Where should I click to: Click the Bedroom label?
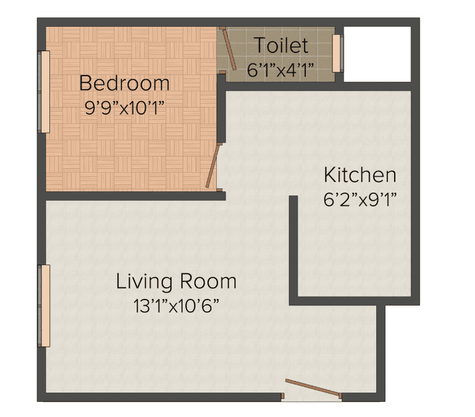tap(124, 83)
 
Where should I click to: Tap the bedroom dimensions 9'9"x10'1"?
tap(124, 108)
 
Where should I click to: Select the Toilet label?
tap(281, 45)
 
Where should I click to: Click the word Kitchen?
tap(360, 174)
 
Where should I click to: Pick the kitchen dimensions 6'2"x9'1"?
tap(360, 199)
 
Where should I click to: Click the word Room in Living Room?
tap(208, 281)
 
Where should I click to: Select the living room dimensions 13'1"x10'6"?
tap(176, 306)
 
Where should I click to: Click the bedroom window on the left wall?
tap(44, 92)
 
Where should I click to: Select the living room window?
tap(44, 306)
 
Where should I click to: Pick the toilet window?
tap(336, 54)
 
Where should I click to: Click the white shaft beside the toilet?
tap(377, 54)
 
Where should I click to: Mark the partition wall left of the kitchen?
tap(294, 247)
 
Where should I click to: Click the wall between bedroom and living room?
tap(134, 196)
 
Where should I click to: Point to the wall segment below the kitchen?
tap(337, 300)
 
